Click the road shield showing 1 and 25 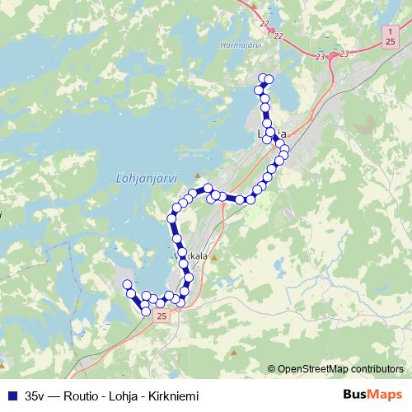click(x=389, y=35)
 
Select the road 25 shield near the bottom click(x=161, y=316)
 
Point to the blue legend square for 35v click(x=12, y=396)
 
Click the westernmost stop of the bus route click(x=128, y=284)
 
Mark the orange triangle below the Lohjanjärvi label click(x=197, y=176)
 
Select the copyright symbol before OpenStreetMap click(x=272, y=368)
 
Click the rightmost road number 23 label click(x=344, y=53)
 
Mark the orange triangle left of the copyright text click(x=235, y=354)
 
